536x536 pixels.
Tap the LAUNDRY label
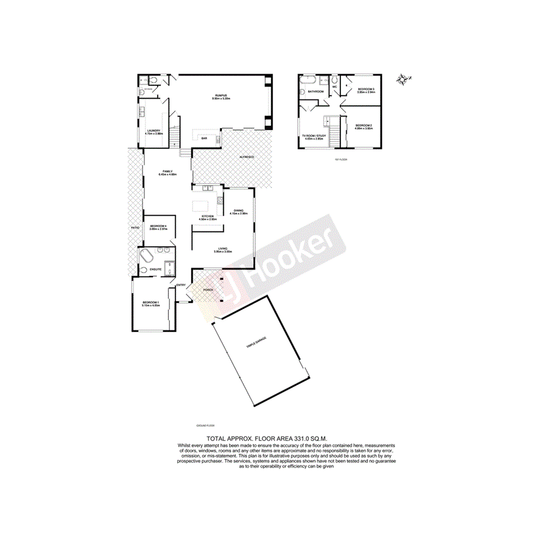[154, 131]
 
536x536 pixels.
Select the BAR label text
[204, 138]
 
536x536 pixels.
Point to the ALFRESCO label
[247, 156]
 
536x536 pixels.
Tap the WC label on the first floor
[334, 87]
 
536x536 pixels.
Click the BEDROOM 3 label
[366, 89]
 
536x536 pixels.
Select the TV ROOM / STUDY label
[315, 136]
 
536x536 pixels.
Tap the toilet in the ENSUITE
[142, 270]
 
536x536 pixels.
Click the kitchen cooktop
[220, 201]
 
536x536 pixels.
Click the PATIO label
[134, 228]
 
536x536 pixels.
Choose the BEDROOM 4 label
[158, 226]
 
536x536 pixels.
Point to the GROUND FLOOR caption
[205, 426]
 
